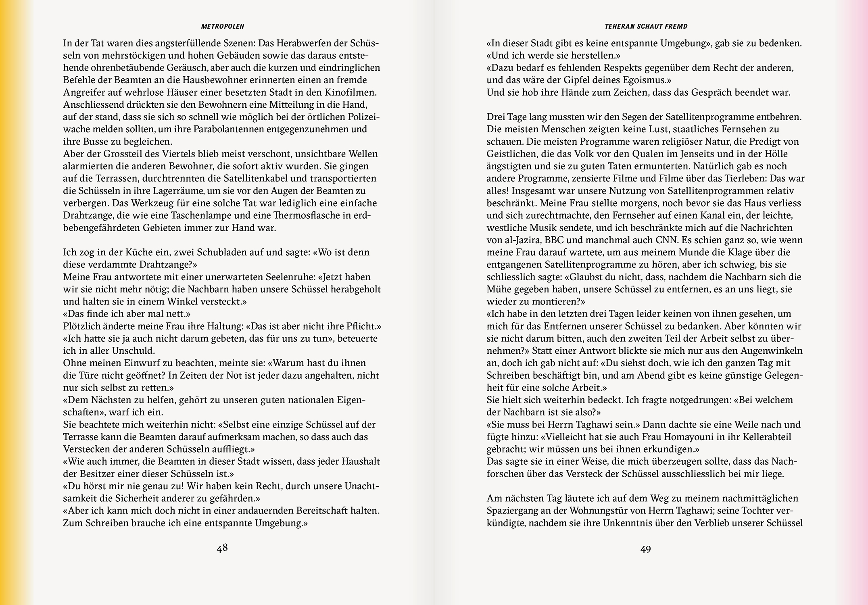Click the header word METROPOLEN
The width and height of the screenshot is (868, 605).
coord(223,27)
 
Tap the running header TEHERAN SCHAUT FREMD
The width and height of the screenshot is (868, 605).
coord(646,27)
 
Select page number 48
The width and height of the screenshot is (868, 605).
coord(222,548)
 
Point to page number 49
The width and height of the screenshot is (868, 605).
coord(646,549)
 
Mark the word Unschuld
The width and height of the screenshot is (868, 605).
coord(134,350)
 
